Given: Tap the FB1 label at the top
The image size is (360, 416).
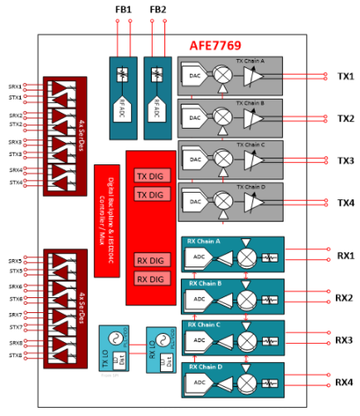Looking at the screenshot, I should (x=123, y=9).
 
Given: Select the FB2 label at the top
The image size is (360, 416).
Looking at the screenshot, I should (x=158, y=9).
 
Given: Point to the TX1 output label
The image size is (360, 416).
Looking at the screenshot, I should (x=346, y=76).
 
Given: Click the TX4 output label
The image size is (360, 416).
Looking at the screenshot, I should (x=346, y=203).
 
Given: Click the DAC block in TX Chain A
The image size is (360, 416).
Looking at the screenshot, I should (x=193, y=76).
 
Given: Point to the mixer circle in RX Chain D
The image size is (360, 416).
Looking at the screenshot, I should (x=246, y=383).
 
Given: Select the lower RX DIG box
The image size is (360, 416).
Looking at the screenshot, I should (x=150, y=278).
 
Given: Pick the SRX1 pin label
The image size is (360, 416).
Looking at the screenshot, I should (x=15, y=86).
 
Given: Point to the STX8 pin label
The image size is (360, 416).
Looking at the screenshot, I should (x=15, y=356).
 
